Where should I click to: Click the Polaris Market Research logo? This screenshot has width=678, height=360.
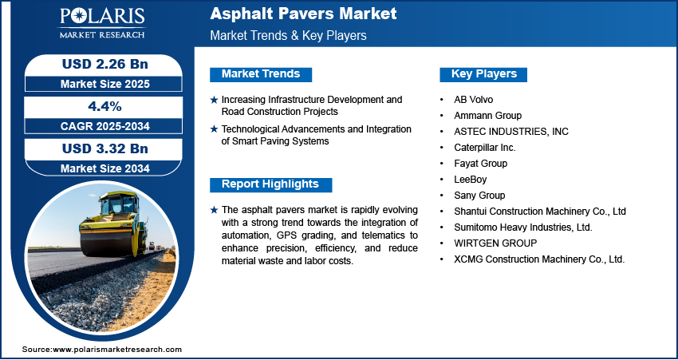pos(102,23)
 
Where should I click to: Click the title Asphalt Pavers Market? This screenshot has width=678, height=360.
pos(303,14)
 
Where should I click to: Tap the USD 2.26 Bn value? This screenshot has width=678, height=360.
pos(105,64)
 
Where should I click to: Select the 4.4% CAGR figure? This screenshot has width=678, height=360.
pos(105,106)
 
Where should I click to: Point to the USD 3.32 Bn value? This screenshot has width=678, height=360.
pos(105,148)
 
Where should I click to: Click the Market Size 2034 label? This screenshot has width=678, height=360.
pos(105,168)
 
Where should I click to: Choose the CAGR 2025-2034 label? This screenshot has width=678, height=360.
pos(105,126)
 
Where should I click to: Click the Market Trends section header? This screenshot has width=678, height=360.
pos(261,74)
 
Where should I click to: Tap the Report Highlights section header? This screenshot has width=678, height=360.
pos(270,184)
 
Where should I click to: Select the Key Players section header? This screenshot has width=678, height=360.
pos(484,74)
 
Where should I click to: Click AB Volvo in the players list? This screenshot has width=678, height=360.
pos(474,100)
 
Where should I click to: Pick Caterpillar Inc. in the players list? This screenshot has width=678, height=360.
pos(485,148)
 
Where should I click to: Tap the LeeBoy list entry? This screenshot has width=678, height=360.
pos(471,179)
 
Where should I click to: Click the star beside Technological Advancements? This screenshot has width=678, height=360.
pos(214,129)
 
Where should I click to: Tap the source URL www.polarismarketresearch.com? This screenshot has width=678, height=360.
pos(117,349)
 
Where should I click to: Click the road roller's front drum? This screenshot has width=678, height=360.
pos(105,243)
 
